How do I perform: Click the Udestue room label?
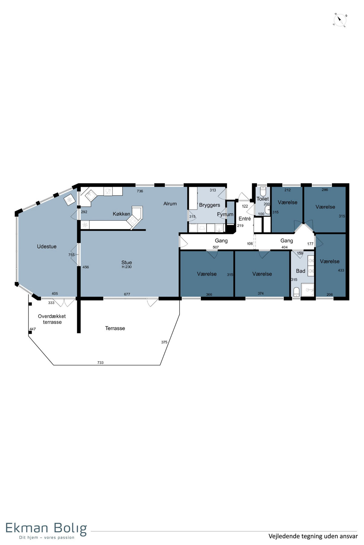coord(47,246)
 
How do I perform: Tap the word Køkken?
coord(121,214)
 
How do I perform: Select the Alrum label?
coord(170,204)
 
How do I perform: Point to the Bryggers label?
coord(210,205)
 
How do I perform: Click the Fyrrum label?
coord(225,214)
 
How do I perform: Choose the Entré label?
coord(245,219)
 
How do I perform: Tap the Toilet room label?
coord(263,199)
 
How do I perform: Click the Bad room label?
coord(301,271)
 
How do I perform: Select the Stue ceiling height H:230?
coord(126,267)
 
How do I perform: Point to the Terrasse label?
coord(115,328)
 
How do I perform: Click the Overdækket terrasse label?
coord(52,319)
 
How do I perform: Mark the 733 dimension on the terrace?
coord(100,362)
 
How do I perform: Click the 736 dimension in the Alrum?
coord(140,191)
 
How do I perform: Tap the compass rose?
coord(340,20)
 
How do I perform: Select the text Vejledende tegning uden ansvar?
coord(313,536)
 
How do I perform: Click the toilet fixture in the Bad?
coord(296,292)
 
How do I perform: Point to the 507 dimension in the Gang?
coord(216,247)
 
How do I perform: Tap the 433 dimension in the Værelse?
coord(341,270)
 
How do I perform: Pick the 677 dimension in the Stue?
coord(127,294)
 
